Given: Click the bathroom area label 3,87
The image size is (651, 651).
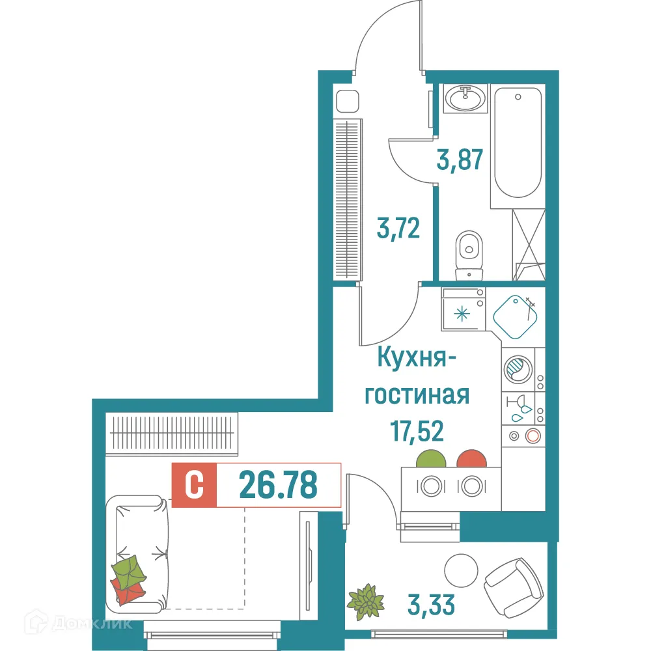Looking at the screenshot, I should [460, 159].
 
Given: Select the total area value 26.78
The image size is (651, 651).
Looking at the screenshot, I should [278, 484].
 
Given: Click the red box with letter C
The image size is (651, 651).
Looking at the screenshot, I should [193, 485].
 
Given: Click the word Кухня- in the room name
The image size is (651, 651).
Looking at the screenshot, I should [417, 359].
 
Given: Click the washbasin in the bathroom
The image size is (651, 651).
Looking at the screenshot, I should [465, 99].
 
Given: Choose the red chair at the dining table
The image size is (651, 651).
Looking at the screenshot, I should [471, 459].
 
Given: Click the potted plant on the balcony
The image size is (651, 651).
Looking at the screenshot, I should [366, 602].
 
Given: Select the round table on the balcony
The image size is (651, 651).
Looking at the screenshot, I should [462, 571].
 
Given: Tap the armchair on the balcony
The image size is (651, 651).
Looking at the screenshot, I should [514, 584].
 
